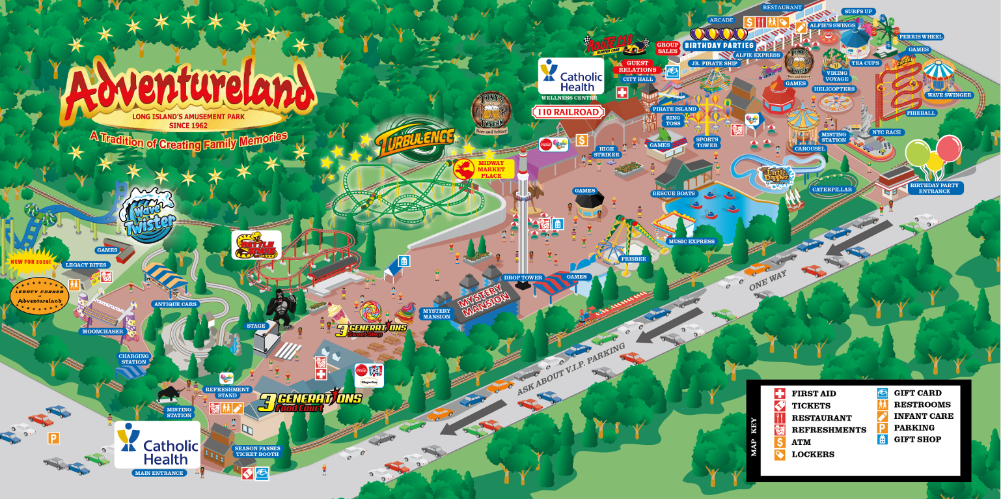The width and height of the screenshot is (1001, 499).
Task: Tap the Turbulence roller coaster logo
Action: coord(414,137)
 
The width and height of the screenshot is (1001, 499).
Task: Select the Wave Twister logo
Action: coord(150,216)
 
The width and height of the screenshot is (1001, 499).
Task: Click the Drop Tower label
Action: coord(523,278)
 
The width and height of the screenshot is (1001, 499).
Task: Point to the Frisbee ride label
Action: coord(633,259)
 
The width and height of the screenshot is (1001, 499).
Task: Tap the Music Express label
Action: coord(691,241)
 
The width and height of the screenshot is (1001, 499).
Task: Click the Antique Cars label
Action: coord(175,304)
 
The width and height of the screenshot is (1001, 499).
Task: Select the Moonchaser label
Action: coord(102,332)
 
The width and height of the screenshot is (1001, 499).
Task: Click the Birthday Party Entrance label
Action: coord(934,188)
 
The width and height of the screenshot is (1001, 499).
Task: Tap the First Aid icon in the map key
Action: coord(779,393)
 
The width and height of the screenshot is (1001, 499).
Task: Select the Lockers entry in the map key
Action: coord(812,454)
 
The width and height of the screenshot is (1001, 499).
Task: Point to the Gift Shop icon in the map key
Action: coord(882,440)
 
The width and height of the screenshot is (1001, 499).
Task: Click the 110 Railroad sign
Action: coord(568,112)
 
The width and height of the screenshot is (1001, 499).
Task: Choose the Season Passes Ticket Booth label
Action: coord(256,451)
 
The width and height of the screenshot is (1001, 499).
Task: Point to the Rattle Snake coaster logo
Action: coord(256,246)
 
